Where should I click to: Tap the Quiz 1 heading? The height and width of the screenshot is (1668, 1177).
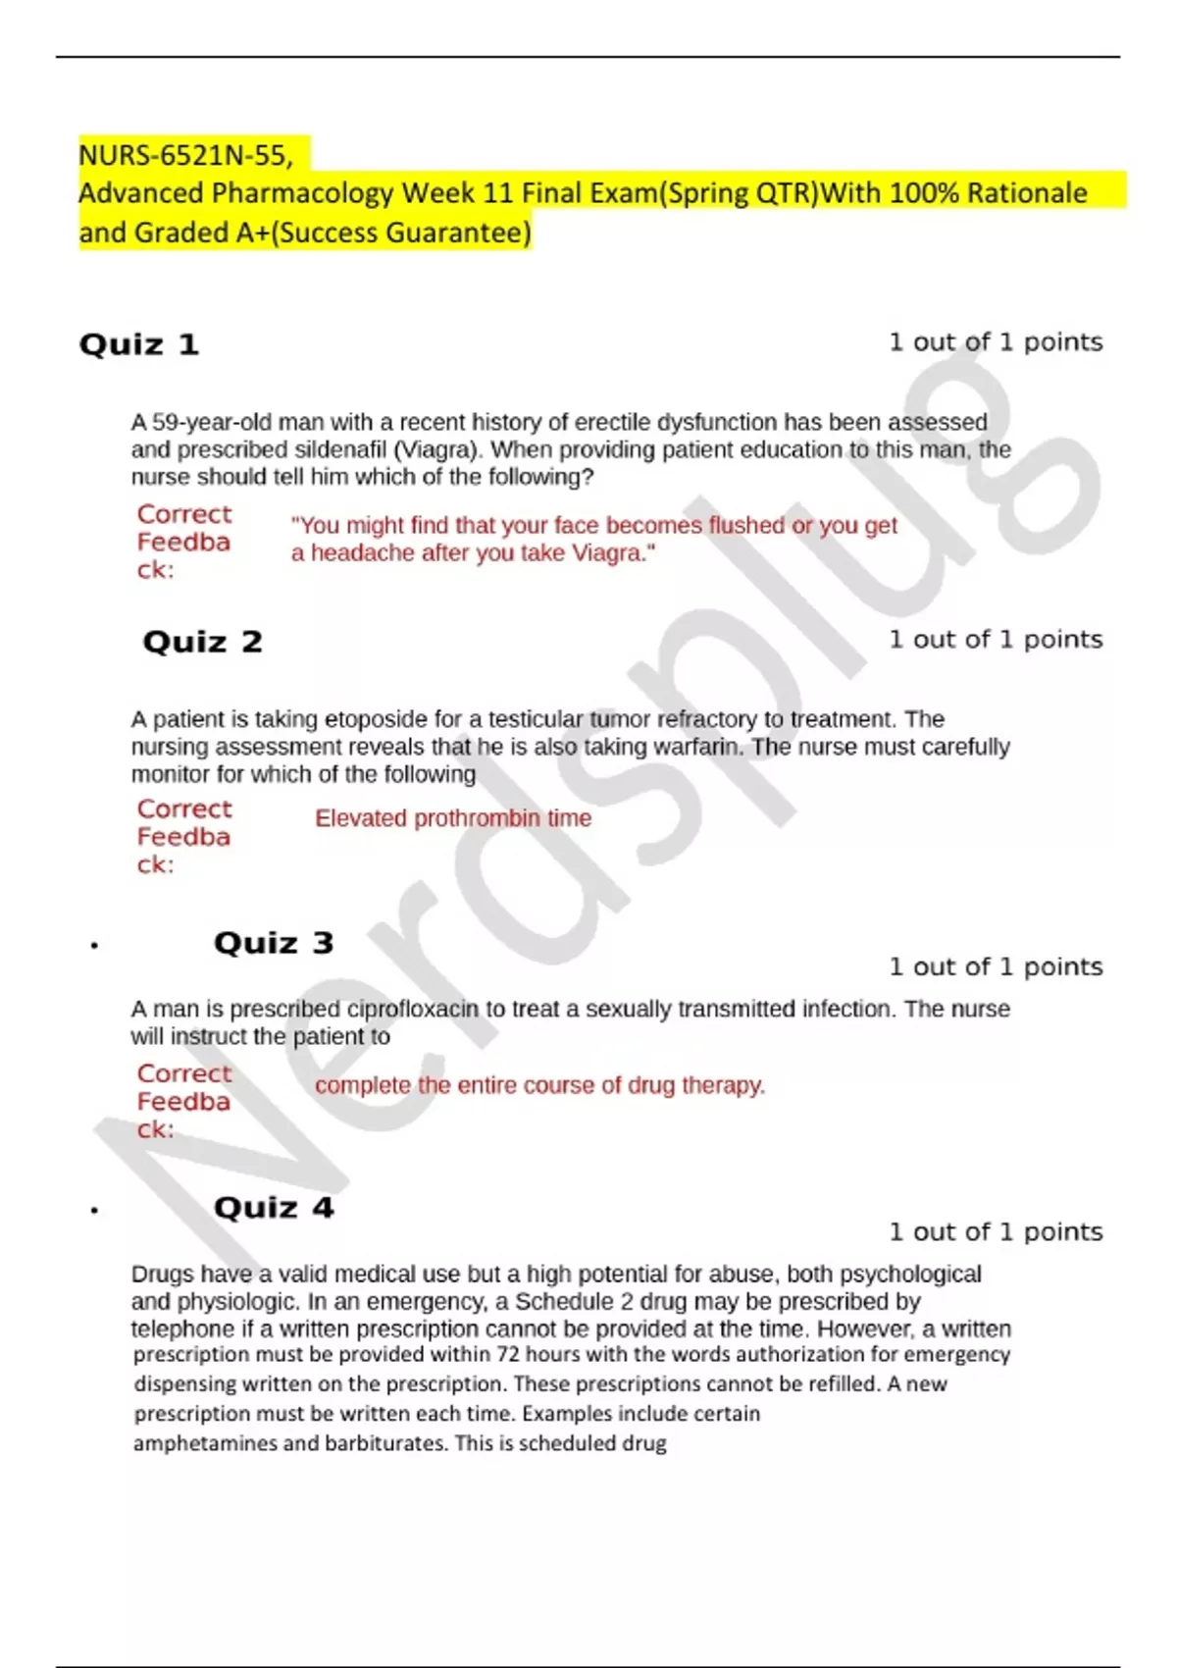[x=139, y=344]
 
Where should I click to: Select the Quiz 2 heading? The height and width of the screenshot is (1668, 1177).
[x=203, y=642]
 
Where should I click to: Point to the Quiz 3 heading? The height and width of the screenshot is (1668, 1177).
[x=274, y=943]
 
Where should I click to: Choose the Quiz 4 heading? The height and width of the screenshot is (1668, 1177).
[x=274, y=1208]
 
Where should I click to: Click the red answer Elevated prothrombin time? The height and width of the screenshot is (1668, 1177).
[x=453, y=818]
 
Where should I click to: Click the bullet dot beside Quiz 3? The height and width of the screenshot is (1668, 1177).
[x=94, y=946]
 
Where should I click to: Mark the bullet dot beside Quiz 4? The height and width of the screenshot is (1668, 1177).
[x=94, y=1211]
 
